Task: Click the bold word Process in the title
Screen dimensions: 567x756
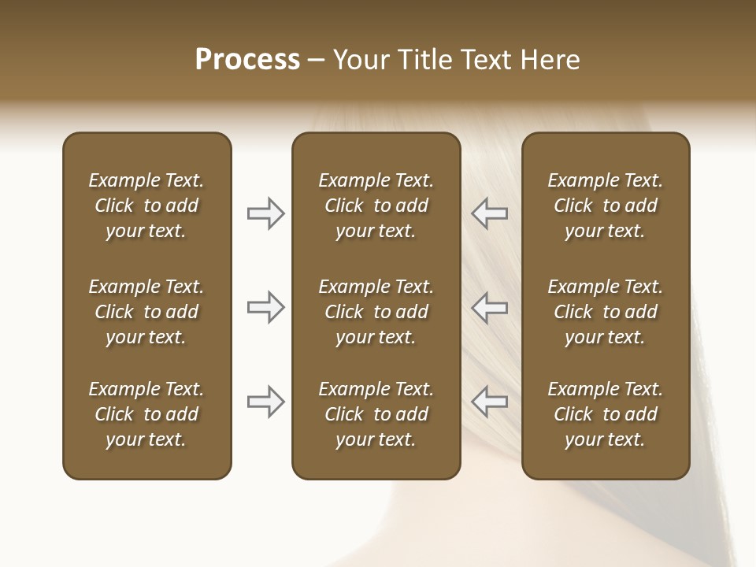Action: point(247,60)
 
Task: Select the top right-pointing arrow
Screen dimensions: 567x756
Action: point(266,213)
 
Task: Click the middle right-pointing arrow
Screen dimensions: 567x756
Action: point(266,307)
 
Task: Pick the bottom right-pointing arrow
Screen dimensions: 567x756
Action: point(266,402)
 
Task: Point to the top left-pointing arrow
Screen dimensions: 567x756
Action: point(489,213)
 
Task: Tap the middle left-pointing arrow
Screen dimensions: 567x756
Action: point(489,307)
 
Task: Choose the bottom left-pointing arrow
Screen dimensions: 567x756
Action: point(489,402)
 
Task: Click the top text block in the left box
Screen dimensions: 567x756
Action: point(146,206)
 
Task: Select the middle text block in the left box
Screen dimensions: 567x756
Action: point(146,312)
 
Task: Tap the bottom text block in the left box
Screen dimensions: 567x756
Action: point(146,414)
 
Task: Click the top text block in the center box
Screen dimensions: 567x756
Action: point(376,206)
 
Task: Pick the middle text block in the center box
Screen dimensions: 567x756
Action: point(376,312)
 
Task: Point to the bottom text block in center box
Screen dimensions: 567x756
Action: point(376,414)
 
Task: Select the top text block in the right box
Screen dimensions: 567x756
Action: point(605,206)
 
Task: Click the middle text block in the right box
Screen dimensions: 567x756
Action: point(605,312)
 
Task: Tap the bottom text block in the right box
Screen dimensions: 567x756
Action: point(605,414)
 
